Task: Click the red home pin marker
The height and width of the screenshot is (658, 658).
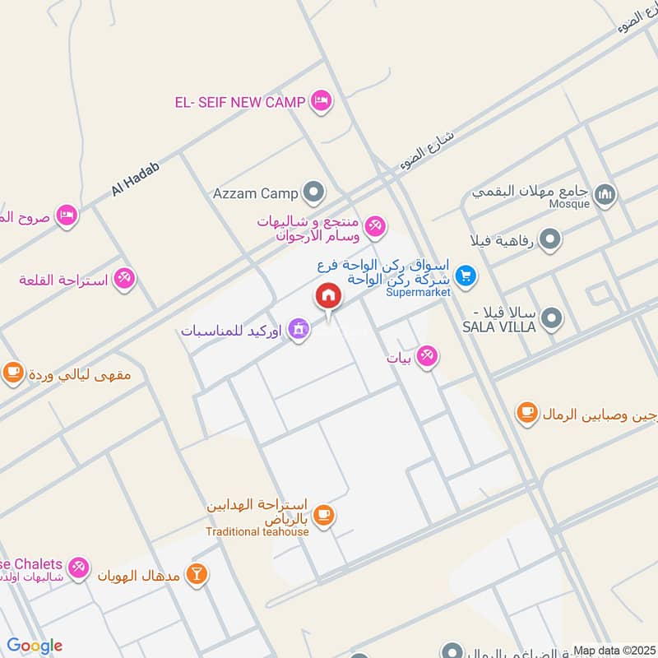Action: [328, 296]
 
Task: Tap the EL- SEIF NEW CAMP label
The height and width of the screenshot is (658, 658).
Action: [239, 102]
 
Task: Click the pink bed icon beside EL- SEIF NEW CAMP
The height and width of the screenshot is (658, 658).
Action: [321, 101]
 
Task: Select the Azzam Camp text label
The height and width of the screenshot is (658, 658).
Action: [255, 194]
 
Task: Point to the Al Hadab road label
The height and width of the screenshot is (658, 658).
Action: [135, 178]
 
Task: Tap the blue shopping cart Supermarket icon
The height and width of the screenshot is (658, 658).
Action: [466, 276]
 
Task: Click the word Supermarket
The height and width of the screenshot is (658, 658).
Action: [419, 292]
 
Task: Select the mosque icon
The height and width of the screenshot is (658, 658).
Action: [605, 194]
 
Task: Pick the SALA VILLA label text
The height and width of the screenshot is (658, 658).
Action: [499, 327]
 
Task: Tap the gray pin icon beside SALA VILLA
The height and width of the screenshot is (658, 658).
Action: [553, 317]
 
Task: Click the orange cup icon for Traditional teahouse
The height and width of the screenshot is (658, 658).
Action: [324, 516]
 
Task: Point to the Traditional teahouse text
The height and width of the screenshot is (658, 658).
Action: [257, 531]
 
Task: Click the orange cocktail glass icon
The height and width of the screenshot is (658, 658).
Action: [196, 573]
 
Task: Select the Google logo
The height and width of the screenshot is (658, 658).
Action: [35, 646]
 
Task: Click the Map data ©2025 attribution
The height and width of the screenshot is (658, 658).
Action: [614, 651]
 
